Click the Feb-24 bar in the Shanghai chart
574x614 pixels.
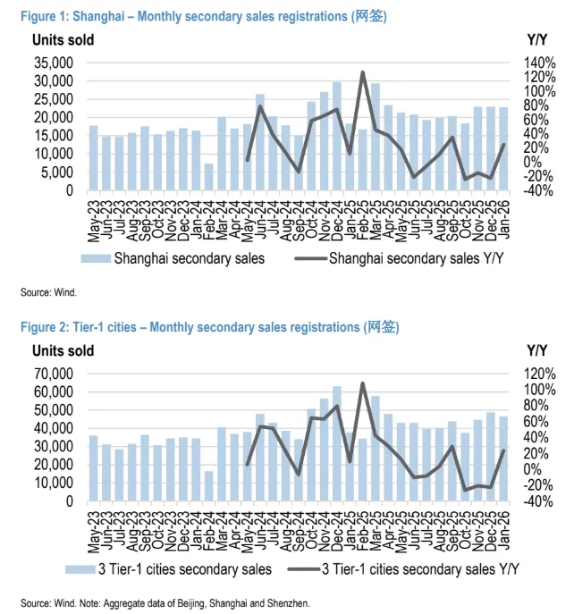pyautogui.click(x=209, y=177)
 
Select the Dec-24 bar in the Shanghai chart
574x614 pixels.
pyautogui.click(x=337, y=136)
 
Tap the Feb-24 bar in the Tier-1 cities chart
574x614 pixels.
pyautogui.click(x=209, y=486)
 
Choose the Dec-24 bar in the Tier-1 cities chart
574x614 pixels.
pyautogui.click(x=337, y=444)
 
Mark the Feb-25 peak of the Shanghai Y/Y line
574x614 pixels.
pyautogui.click(x=363, y=72)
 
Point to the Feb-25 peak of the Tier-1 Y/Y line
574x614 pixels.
pyautogui.click(x=363, y=383)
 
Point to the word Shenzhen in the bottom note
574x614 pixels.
pyautogui.click(x=287, y=603)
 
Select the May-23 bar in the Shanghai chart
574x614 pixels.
pyautogui.click(x=94, y=158)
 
